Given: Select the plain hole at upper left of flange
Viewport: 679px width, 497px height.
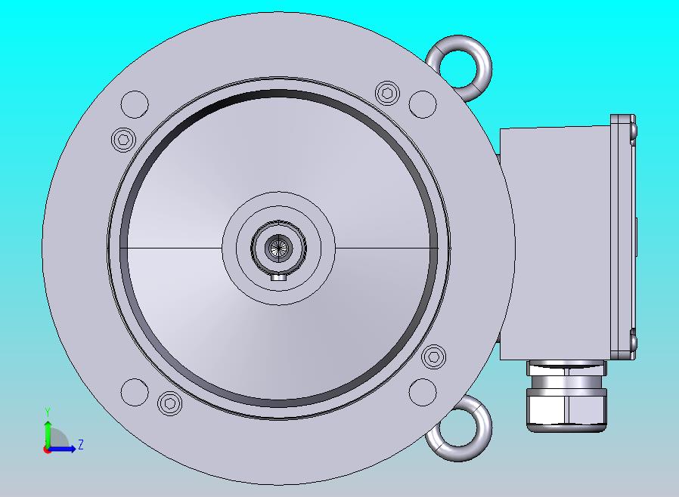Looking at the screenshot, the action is tap(135, 104).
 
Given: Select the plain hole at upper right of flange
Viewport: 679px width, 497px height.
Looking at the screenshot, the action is tap(423, 104).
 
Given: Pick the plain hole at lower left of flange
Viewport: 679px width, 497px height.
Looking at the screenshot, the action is tap(135, 392).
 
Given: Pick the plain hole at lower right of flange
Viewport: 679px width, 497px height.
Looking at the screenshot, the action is tap(423, 392).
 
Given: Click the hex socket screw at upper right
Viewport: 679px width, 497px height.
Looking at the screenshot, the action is tap(387, 93).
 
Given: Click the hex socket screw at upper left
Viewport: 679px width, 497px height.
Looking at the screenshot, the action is tap(124, 139).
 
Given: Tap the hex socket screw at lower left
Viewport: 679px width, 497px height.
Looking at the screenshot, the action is tap(169, 403).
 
